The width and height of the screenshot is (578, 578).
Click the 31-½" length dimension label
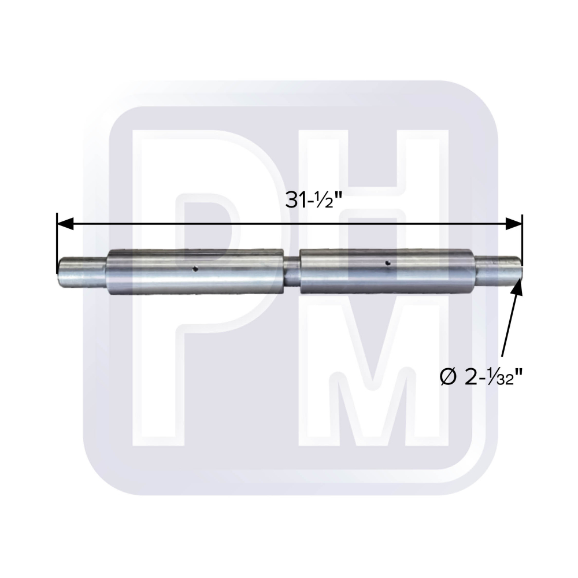pos(314,201)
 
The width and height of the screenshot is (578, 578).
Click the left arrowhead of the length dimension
pos(65,224)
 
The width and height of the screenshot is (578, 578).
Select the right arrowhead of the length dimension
pos(514,224)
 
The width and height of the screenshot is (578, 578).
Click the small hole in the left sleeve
pos(195,269)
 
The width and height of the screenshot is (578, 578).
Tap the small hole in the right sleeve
pos(387,263)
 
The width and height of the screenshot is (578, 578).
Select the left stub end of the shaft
pos(83,272)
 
